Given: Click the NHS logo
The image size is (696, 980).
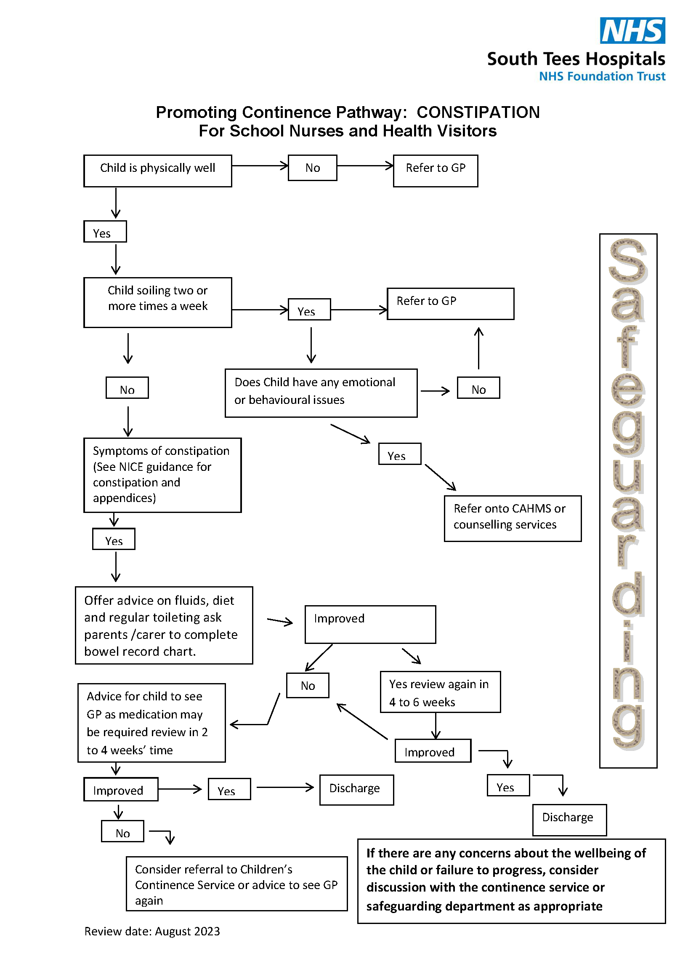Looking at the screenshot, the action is (632, 30).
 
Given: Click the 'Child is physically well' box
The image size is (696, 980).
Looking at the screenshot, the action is (158, 171).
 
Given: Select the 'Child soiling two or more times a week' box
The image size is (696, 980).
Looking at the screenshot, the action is (158, 302).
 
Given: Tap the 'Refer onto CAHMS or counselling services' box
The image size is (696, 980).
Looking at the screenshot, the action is (513, 518).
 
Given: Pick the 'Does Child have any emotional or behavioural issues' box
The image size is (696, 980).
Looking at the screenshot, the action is (321, 393).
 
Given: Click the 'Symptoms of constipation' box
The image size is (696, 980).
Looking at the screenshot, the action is (162, 475).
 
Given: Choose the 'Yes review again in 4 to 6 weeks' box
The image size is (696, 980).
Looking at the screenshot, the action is (440, 692).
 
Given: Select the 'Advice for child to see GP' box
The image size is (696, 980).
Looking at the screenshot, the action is (152, 723).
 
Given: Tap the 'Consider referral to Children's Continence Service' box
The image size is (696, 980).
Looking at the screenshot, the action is (236, 884).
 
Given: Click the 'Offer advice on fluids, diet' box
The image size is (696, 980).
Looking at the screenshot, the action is (164, 625).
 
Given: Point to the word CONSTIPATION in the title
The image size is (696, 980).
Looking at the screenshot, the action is (478, 112).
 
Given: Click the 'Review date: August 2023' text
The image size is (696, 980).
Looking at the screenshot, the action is (152, 931).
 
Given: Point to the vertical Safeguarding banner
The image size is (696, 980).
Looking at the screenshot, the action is (628, 501).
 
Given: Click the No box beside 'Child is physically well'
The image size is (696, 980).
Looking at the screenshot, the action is (312, 168).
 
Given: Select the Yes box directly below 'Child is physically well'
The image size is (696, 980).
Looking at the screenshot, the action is (105, 232).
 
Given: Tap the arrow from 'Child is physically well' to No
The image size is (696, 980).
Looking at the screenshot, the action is (260, 166).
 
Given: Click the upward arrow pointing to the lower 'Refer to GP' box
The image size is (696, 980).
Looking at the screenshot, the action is (479, 348).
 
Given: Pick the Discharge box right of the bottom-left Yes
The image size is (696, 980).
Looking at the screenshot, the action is (356, 790).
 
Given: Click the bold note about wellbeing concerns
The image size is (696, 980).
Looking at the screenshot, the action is (512, 881).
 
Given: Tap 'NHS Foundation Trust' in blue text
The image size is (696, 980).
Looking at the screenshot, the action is (602, 76).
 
